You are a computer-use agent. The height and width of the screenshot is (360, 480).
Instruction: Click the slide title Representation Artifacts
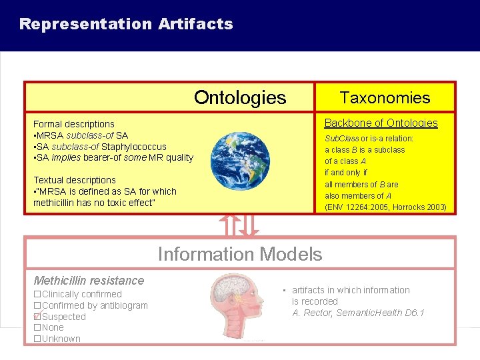[126, 25]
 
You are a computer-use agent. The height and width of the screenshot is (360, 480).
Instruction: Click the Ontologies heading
[239, 98]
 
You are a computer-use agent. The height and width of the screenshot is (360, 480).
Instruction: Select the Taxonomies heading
[385, 98]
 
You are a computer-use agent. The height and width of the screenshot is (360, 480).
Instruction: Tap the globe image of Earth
[240, 161]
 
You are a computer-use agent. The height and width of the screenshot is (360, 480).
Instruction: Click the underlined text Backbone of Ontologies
[381, 123]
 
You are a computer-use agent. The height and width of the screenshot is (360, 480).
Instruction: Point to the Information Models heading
[239, 254]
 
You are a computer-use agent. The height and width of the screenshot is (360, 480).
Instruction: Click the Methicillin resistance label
[89, 281]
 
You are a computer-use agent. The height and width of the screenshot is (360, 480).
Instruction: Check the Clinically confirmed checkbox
[37, 294]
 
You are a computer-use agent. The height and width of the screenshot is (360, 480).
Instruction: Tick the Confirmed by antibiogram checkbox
[37, 305]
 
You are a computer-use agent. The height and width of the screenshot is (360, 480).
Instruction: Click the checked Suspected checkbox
[37, 317]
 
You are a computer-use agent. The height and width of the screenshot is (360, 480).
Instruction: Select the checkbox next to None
[37, 327]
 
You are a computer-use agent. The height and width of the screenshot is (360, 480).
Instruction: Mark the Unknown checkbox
[37, 339]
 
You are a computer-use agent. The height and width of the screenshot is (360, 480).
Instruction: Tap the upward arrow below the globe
[231, 225]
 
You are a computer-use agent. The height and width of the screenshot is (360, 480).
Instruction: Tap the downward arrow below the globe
[249, 225]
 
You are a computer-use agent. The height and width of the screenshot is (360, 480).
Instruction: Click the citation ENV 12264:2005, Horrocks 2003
[385, 207]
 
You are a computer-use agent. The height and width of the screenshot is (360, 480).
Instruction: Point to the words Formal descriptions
[74, 124]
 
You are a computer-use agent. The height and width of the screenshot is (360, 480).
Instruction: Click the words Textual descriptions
[75, 180]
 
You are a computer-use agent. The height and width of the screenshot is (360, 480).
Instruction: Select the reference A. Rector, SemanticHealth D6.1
[358, 313]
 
